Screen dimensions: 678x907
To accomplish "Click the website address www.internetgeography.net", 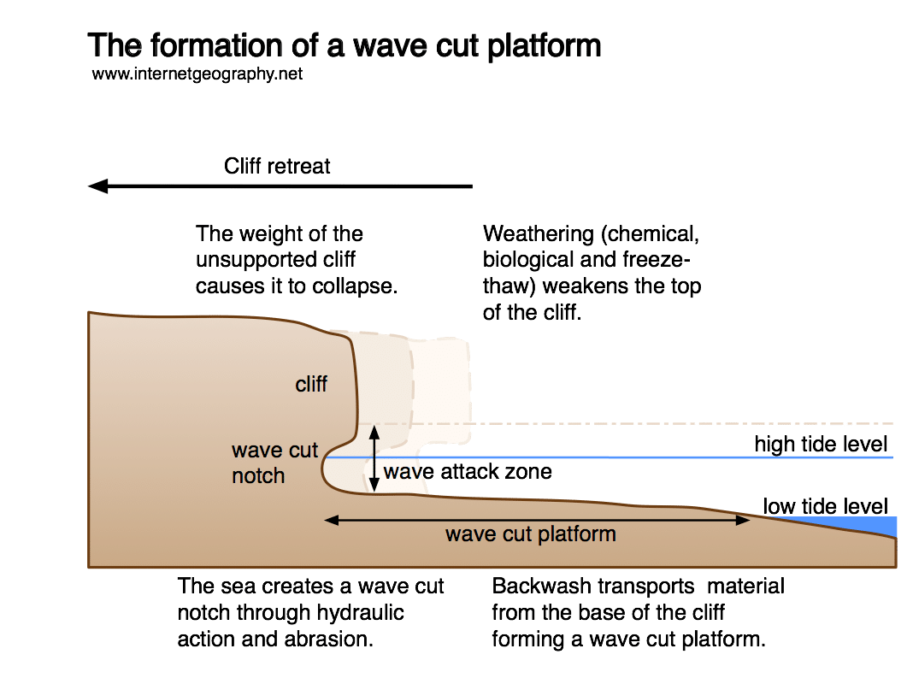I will pyautogui.click(x=197, y=74).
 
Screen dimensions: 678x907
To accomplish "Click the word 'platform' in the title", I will pyautogui.click(x=544, y=45).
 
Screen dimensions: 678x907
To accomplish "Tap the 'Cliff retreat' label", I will pyautogui.click(x=277, y=166).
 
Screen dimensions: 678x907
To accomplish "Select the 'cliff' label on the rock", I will pyautogui.click(x=311, y=385).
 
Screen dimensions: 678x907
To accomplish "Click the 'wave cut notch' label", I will pyautogui.click(x=274, y=463).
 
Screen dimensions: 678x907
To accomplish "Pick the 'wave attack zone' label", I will pyautogui.click(x=468, y=471).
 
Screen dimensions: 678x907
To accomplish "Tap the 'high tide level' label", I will pyautogui.click(x=821, y=444).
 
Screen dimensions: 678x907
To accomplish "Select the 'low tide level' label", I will pyautogui.click(x=825, y=505).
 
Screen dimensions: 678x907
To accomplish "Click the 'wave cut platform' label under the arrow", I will pyautogui.click(x=530, y=535).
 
